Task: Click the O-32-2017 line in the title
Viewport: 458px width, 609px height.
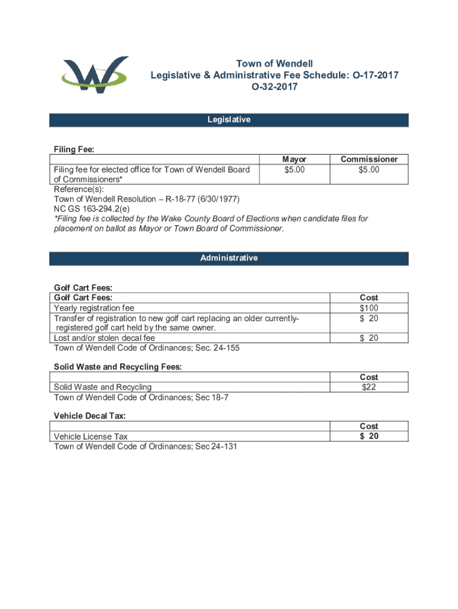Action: click(x=274, y=87)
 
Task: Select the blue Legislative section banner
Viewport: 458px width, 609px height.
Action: click(x=229, y=120)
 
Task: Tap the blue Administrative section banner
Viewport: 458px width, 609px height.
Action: click(x=229, y=258)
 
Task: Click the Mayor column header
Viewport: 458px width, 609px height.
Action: click(x=294, y=159)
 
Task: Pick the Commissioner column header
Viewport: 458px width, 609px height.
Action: click(x=369, y=159)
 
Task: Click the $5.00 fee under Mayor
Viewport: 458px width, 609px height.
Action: click(x=294, y=169)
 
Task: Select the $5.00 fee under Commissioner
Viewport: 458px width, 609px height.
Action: click(x=369, y=169)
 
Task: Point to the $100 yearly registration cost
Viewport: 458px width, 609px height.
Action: click(x=369, y=308)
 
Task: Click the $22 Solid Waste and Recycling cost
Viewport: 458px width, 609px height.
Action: click(x=369, y=387)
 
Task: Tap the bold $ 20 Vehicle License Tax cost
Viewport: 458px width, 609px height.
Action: click(x=369, y=436)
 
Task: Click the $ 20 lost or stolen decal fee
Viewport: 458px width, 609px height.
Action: click(x=369, y=338)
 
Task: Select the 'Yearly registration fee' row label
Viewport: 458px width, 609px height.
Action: click(x=94, y=308)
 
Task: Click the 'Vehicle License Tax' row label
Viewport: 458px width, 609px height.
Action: click(x=90, y=437)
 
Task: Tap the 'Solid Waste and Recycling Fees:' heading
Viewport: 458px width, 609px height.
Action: click(x=118, y=367)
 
